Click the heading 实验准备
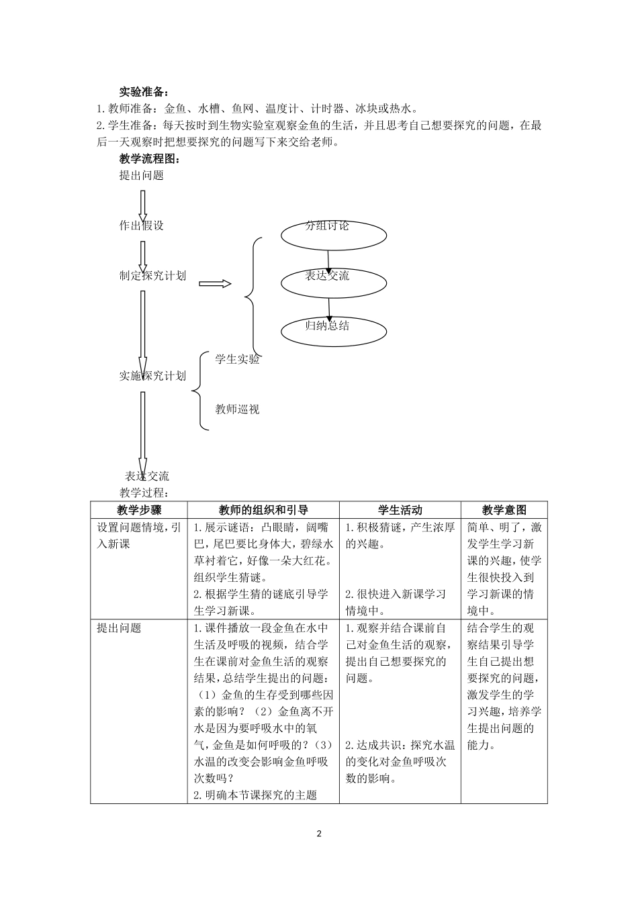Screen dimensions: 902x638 pos(144,92)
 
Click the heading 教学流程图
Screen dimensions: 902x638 pos(150,159)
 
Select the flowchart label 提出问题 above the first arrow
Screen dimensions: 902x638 pos(142,176)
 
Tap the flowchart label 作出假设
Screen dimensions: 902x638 pos(142,225)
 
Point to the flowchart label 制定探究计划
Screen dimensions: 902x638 pos(152,276)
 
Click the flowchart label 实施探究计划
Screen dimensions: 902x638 pos(152,376)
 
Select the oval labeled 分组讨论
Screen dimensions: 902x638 pos(334,234)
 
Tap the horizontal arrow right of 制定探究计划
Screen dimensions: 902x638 pos(215,284)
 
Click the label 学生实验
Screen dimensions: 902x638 pos(237,359)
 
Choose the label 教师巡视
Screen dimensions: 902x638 pos(237,409)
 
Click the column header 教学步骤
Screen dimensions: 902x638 pos(139,510)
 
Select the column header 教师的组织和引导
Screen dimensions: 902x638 pos(263,510)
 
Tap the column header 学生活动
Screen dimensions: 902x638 pos(400,510)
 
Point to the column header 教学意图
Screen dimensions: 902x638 pos(504,510)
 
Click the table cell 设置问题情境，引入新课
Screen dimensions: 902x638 pos(139,536)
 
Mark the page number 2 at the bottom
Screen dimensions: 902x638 pos(319,834)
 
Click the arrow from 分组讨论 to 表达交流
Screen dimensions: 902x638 pos(328,260)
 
